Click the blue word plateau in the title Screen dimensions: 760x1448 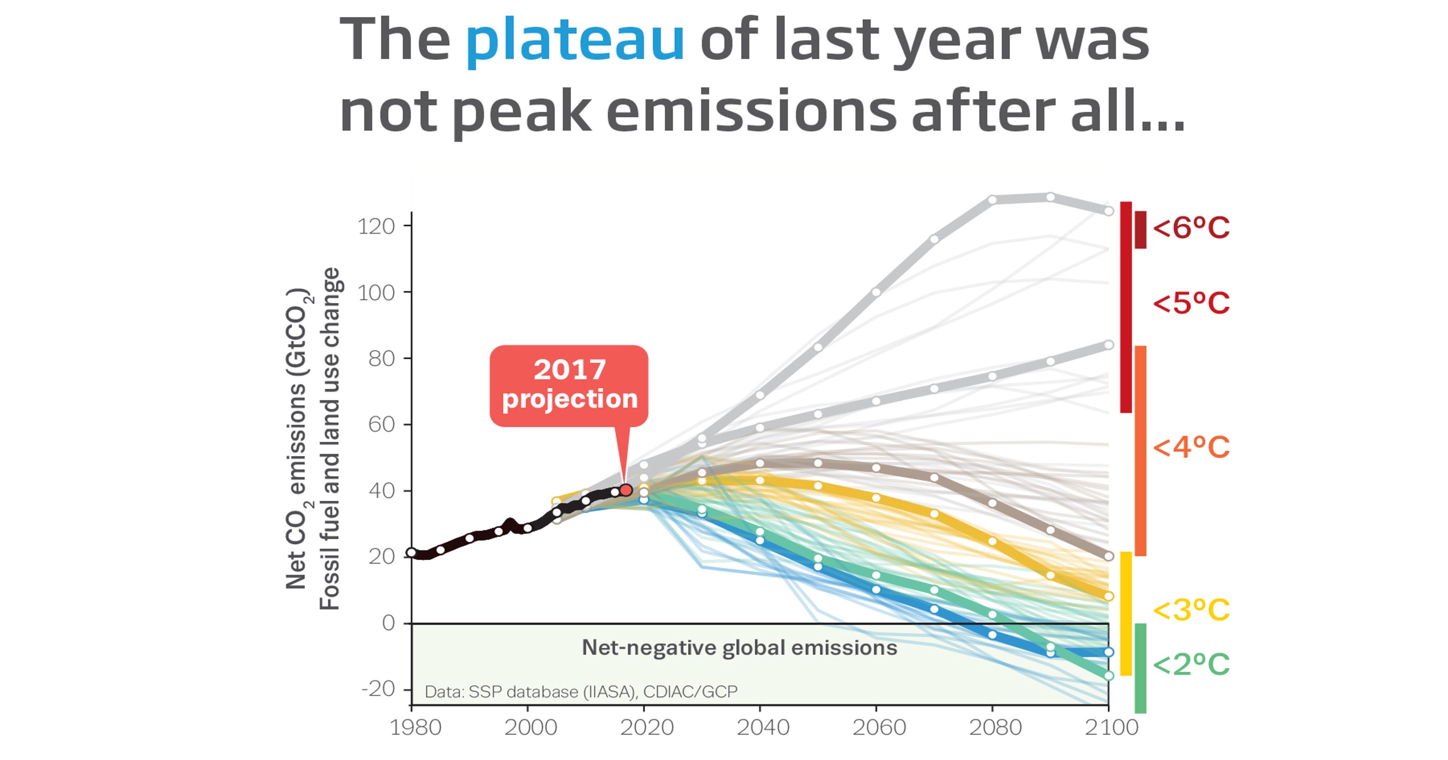pos(575,40)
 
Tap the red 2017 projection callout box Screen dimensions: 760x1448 pos(569,385)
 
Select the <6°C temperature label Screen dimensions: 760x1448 pos(1191,228)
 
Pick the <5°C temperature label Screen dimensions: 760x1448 pos(1191,304)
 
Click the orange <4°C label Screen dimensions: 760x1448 pos(1191,447)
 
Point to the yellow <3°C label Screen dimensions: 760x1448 pos(1191,610)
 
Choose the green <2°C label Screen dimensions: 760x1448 pos(1191,665)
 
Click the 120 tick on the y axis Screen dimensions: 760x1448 pos(376,227)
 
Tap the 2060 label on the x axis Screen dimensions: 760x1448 pos(879,727)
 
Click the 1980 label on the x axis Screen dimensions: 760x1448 pos(415,727)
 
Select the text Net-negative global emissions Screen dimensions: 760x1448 pos(739,647)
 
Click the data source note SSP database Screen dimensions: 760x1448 pos(581,691)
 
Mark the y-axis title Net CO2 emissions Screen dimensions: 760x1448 pos(296,438)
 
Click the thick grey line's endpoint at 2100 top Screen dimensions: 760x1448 pos(1109,211)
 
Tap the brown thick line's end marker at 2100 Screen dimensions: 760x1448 pos(1109,556)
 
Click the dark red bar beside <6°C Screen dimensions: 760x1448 pos(1140,229)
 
